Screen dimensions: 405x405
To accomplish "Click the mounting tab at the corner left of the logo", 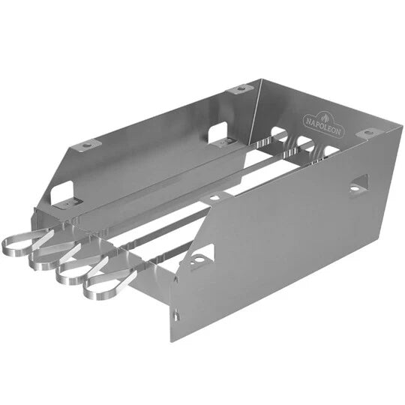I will click(x=238, y=89).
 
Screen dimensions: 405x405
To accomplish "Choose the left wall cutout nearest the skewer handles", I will click(x=63, y=193).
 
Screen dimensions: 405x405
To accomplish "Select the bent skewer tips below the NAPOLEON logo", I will click(x=300, y=146).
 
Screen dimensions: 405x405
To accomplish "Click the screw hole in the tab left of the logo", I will click(x=239, y=89).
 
